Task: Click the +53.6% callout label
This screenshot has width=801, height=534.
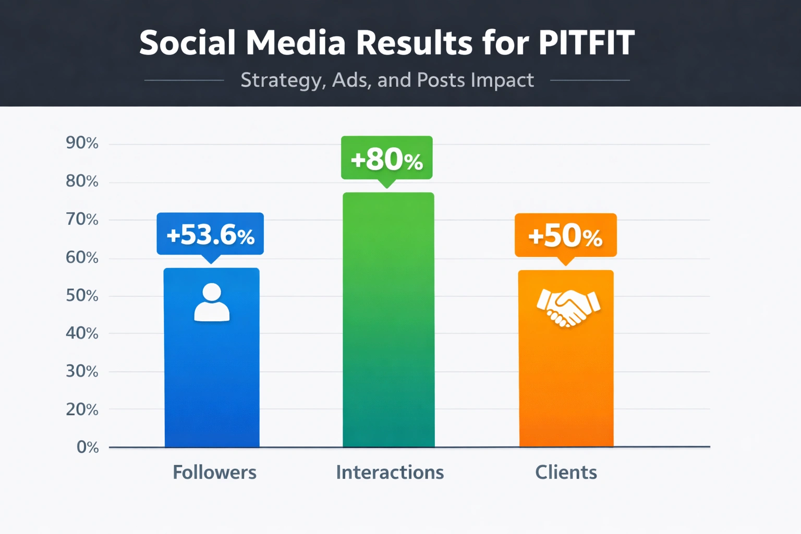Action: [x=210, y=234]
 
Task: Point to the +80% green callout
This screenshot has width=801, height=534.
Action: [x=386, y=158]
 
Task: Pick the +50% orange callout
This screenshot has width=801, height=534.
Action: [x=566, y=235]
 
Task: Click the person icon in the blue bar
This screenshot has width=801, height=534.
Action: [x=212, y=302]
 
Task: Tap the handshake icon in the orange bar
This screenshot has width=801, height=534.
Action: [x=568, y=307]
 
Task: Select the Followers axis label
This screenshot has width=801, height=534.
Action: [x=214, y=472]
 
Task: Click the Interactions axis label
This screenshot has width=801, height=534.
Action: [x=390, y=472]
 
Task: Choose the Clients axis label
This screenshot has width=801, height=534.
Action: [x=566, y=472]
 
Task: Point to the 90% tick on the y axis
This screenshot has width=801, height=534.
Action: [x=82, y=143]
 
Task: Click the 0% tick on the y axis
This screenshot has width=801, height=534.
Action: [x=88, y=447]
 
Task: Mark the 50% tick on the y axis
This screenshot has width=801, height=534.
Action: [x=82, y=296]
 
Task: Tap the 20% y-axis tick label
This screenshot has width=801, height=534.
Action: [x=82, y=409]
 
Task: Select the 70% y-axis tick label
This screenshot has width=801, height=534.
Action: [x=82, y=219]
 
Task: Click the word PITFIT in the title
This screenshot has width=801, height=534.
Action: [x=586, y=43]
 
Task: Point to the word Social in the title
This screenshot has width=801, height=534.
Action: [x=188, y=43]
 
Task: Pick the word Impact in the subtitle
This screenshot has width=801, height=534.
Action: [x=502, y=80]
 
